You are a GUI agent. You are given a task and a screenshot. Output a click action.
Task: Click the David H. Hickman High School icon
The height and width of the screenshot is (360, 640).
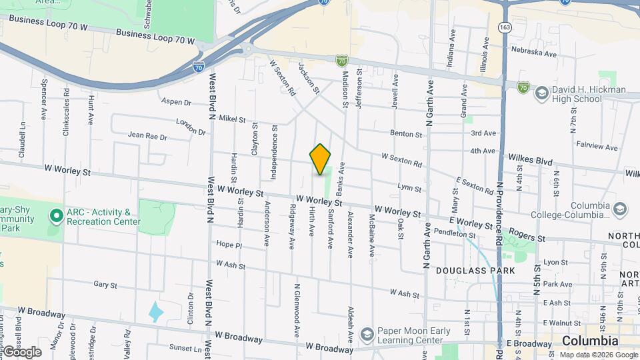(x=541, y=93)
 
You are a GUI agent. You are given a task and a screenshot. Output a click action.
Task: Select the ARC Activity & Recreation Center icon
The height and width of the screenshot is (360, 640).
(x=56, y=217)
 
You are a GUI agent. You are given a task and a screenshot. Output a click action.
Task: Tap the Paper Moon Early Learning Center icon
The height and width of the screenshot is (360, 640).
(x=367, y=334)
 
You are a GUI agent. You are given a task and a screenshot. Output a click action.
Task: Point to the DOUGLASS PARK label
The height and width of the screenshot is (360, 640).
(x=475, y=271)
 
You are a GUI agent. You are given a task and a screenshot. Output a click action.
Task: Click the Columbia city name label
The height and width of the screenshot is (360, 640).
(x=590, y=341)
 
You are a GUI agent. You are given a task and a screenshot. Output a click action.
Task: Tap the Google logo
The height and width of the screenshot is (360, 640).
(x=22, y=352)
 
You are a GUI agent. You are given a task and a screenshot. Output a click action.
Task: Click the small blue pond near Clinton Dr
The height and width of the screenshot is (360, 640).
(x=156, y=311)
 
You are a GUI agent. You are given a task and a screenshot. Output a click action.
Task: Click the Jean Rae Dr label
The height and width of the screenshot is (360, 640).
(x=147, y=137)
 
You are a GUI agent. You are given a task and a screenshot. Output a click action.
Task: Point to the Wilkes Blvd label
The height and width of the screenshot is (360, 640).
(x=531, y=161)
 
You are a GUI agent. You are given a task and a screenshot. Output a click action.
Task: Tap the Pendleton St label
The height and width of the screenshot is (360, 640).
(x=454, y=234)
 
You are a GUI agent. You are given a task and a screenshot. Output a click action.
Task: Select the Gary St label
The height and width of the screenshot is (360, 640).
(x=105, y=285)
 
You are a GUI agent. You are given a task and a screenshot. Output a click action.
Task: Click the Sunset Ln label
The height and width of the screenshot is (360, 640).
(x=185, y=348)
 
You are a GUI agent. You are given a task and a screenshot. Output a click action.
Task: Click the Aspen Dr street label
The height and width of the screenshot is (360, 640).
(x=177, y=102)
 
